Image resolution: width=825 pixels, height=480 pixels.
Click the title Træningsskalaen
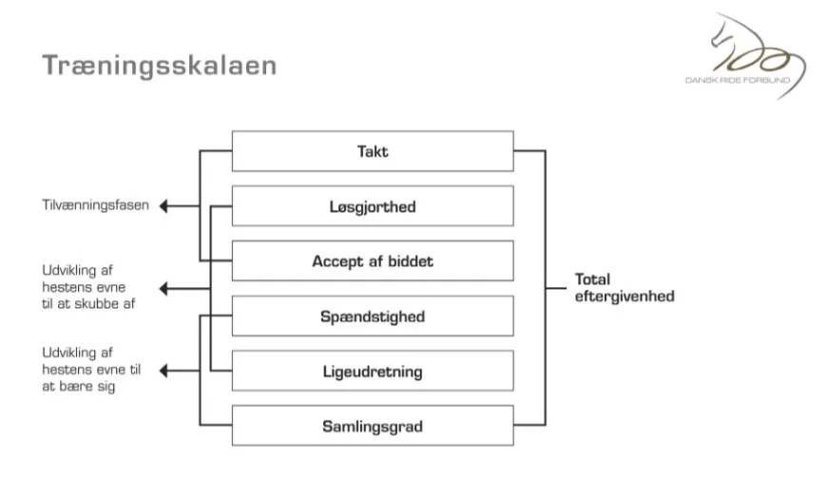[160, 67]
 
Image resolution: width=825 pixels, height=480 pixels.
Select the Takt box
[373, 151]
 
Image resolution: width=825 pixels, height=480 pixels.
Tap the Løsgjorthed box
[373, 206]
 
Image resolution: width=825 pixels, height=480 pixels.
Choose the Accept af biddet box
[373, 260]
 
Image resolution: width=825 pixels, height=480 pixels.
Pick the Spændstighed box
[373, 316]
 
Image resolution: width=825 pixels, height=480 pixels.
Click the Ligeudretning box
[373, 371]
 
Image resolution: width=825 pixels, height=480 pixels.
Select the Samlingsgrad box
[373, 426]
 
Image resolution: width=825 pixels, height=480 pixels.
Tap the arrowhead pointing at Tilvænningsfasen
[164, 205]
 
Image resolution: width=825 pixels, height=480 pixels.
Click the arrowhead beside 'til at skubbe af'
[164, 288]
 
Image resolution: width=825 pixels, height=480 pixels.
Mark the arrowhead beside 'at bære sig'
[164, 371]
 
